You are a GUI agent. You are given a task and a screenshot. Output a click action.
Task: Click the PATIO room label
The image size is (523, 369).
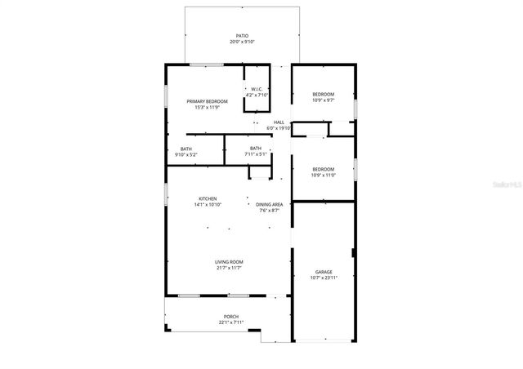[x=242, y=36]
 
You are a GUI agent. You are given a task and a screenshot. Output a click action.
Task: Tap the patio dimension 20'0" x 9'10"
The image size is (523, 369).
[x=242, y=42]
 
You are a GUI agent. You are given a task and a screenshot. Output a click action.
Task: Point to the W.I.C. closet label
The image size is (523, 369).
[x=257, y=89]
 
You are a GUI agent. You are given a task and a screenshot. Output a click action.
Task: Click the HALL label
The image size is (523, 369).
[x=279, y=122]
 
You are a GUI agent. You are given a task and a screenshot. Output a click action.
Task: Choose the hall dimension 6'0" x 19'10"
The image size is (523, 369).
[x=279, y=128]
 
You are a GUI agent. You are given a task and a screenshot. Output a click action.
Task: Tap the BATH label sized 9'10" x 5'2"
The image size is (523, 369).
[x=186, y=149]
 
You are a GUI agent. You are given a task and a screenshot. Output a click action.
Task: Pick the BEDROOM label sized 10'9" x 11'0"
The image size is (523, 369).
[x=323, y=169]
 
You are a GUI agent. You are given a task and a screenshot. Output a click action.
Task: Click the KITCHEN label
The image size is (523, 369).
[x=208, y=198]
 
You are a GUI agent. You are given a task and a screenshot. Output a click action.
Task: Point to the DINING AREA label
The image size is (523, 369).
[x=269, y=204]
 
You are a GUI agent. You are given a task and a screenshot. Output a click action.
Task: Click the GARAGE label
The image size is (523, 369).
[x=324, y=272]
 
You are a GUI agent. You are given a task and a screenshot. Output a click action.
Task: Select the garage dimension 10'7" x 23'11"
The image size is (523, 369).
[x=324, y=278]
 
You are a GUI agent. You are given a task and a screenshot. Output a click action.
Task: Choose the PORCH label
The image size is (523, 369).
[x=231, y=316]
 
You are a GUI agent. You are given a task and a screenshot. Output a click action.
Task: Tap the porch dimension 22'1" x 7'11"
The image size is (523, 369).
[x=231, y=322]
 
